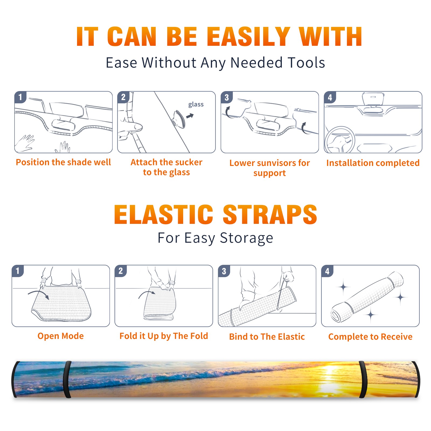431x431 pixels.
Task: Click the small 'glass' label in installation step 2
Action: pyautogui.click(x=196, y=105)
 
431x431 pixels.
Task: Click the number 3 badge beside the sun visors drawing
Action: pyautogui.click(x=227, y=97)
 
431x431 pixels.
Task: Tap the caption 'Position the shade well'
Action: pyautogui.click(x=63, y=162)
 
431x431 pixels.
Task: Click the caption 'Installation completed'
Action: pyautogui.click(x=373, y=163)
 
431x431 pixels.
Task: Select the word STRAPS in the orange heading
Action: pyautogui.click(x=270, y=214)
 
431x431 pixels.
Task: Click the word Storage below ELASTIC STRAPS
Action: pyautogui.click(x=246, y=238)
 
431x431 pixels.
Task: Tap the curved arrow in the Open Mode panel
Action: pyautogui.click(x=38, y=294)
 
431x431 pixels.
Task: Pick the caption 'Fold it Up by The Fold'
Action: pyautogui.click(x=164, y=336)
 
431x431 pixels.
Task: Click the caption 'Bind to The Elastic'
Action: pyautogui.click(x=267, y=336)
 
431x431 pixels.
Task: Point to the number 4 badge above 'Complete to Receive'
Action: pyautogui.click(x=327, y=271)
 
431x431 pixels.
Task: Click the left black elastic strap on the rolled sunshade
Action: pyautogui.click(x=67, y=379)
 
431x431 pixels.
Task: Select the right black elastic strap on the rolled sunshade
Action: pyautogui.click(x=363, y=379)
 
